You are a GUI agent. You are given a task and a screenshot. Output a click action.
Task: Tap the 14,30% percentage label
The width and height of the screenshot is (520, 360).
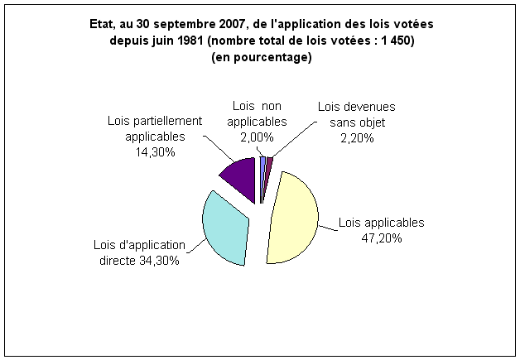click(x=146, y=152)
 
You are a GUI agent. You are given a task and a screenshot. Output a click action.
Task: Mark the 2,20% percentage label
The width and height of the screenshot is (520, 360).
click(x=357, y=138)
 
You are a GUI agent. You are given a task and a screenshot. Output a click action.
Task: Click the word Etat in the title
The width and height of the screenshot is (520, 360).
click(x=102, y=25)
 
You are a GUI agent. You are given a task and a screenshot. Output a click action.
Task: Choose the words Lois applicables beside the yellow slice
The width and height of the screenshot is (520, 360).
click(x=381, y=223)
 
